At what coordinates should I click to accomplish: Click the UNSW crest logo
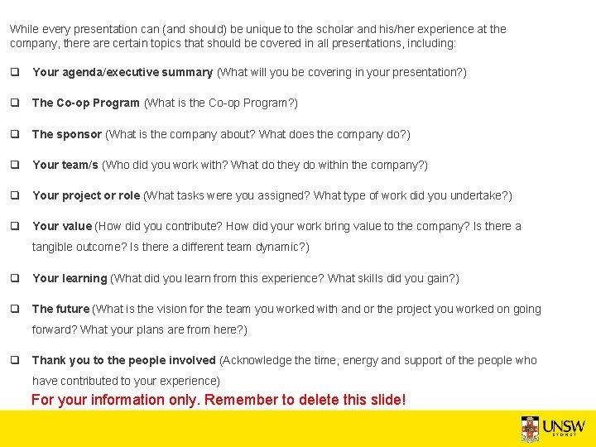click(x=530, y=428)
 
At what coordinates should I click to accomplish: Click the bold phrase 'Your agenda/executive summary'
click(x=123, y=73)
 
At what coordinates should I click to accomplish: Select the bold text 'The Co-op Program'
click(x=85, y=103)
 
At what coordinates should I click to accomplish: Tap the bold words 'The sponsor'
click(x=67, y=134)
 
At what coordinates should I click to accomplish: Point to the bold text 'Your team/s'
click(x=65, y=165)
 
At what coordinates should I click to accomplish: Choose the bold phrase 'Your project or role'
click(x=86, y=195)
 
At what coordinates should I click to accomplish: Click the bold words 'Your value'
click(x=62, y=226)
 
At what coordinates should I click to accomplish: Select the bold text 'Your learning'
click(x=70, y=278)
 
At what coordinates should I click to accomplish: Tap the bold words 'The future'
click(x=60, y=309)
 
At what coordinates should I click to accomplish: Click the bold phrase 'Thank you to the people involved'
click(x=124, y=360)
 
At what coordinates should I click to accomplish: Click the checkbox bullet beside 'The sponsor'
click(x=15, y=134)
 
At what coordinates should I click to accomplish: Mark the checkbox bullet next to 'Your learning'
click(x=15, y=278)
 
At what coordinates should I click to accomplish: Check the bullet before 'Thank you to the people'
click(x=15, y=360)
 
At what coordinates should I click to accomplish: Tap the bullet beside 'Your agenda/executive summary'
click(x=15, y=73)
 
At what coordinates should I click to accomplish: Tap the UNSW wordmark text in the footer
click(x=564, y=426)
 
